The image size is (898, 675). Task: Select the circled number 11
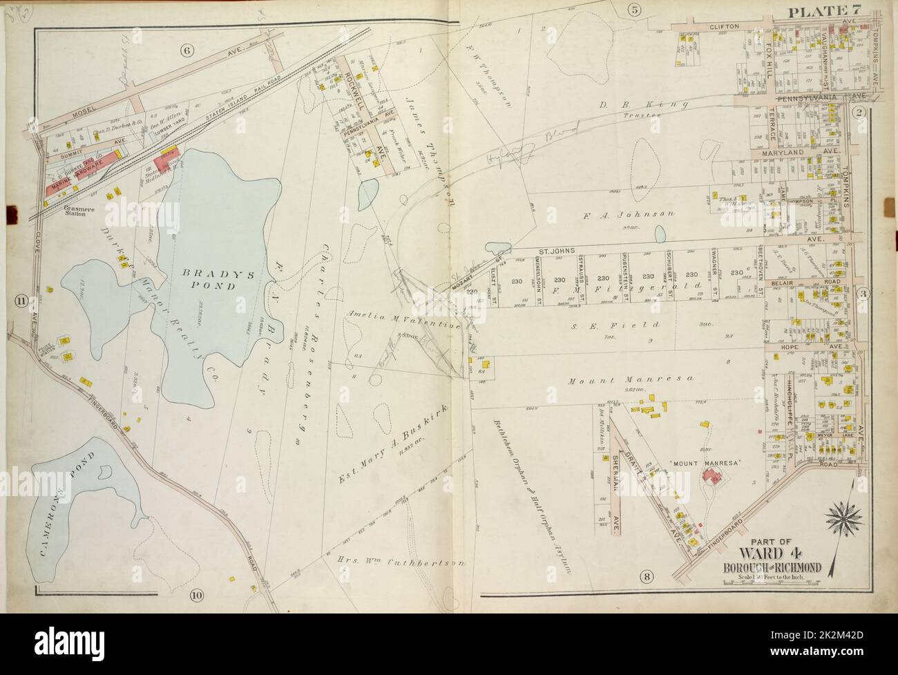click(21, 301)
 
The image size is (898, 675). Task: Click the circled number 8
click(647, 575)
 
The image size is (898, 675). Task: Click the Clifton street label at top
click(724, 26)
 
